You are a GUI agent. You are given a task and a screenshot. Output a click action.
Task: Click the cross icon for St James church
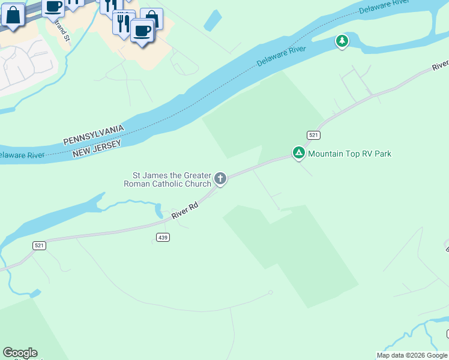coord(220,178)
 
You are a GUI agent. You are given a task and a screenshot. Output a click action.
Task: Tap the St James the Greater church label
coord(167,179)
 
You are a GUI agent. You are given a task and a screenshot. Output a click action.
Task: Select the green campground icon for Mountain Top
coord(298,153)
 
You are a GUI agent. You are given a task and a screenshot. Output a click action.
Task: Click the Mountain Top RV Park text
coord(349,154)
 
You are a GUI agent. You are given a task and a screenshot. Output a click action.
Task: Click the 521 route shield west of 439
coord(39,245)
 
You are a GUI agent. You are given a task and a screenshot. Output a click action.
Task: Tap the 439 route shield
coord(163,238)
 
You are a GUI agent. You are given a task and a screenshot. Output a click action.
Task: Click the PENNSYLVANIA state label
coord(94,136)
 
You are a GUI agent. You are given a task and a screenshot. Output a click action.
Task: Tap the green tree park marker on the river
coord(342,41)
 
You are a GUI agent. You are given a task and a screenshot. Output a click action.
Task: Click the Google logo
coord(20,353)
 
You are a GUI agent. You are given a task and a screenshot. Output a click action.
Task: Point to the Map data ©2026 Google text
coord(412,355)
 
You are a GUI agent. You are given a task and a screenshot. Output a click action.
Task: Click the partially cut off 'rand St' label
coord(63,30)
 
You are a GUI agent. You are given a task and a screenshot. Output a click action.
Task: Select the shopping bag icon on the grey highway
coord(13,15)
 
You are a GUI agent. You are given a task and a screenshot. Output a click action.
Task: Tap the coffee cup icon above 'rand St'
coord(53,6)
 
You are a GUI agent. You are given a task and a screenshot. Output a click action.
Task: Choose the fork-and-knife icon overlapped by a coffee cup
coord(123,23)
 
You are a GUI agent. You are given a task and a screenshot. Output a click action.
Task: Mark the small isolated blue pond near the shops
coord(212,20)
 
